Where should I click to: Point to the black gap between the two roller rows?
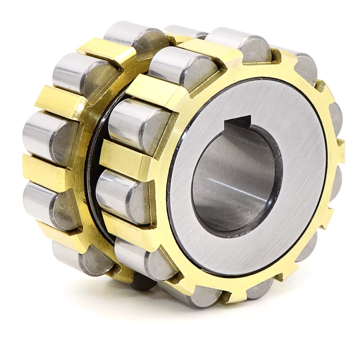(x=91, y=168)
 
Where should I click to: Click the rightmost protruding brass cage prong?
(x=340, y=147)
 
